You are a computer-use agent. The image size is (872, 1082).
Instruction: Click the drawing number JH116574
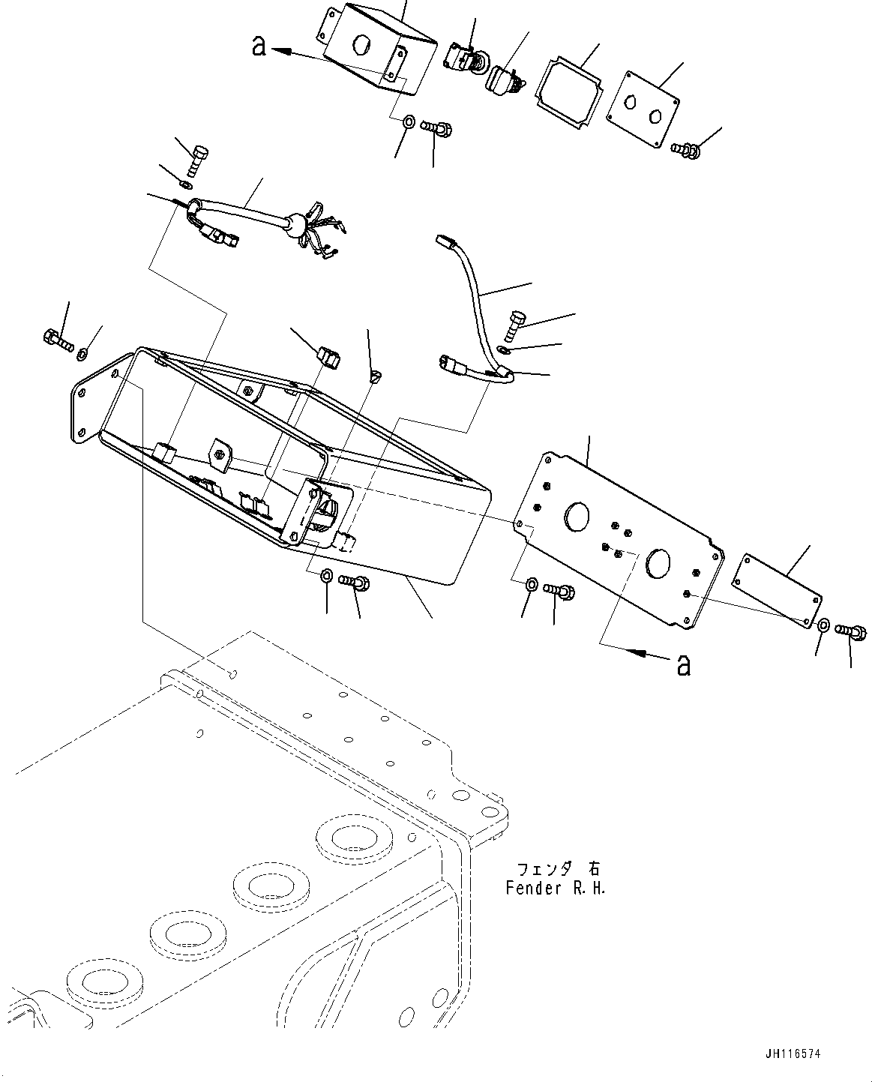[x=794, y=1054]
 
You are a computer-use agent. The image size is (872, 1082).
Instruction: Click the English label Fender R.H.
[x=555, y=888]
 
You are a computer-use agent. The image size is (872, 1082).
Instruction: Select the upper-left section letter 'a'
[x=259, y=46]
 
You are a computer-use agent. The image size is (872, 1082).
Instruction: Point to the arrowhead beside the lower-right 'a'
[x=637, y=654]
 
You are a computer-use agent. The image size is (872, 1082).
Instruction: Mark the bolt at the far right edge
[x=852, y=632]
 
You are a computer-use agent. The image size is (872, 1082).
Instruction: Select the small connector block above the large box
[x=328, y=358]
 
